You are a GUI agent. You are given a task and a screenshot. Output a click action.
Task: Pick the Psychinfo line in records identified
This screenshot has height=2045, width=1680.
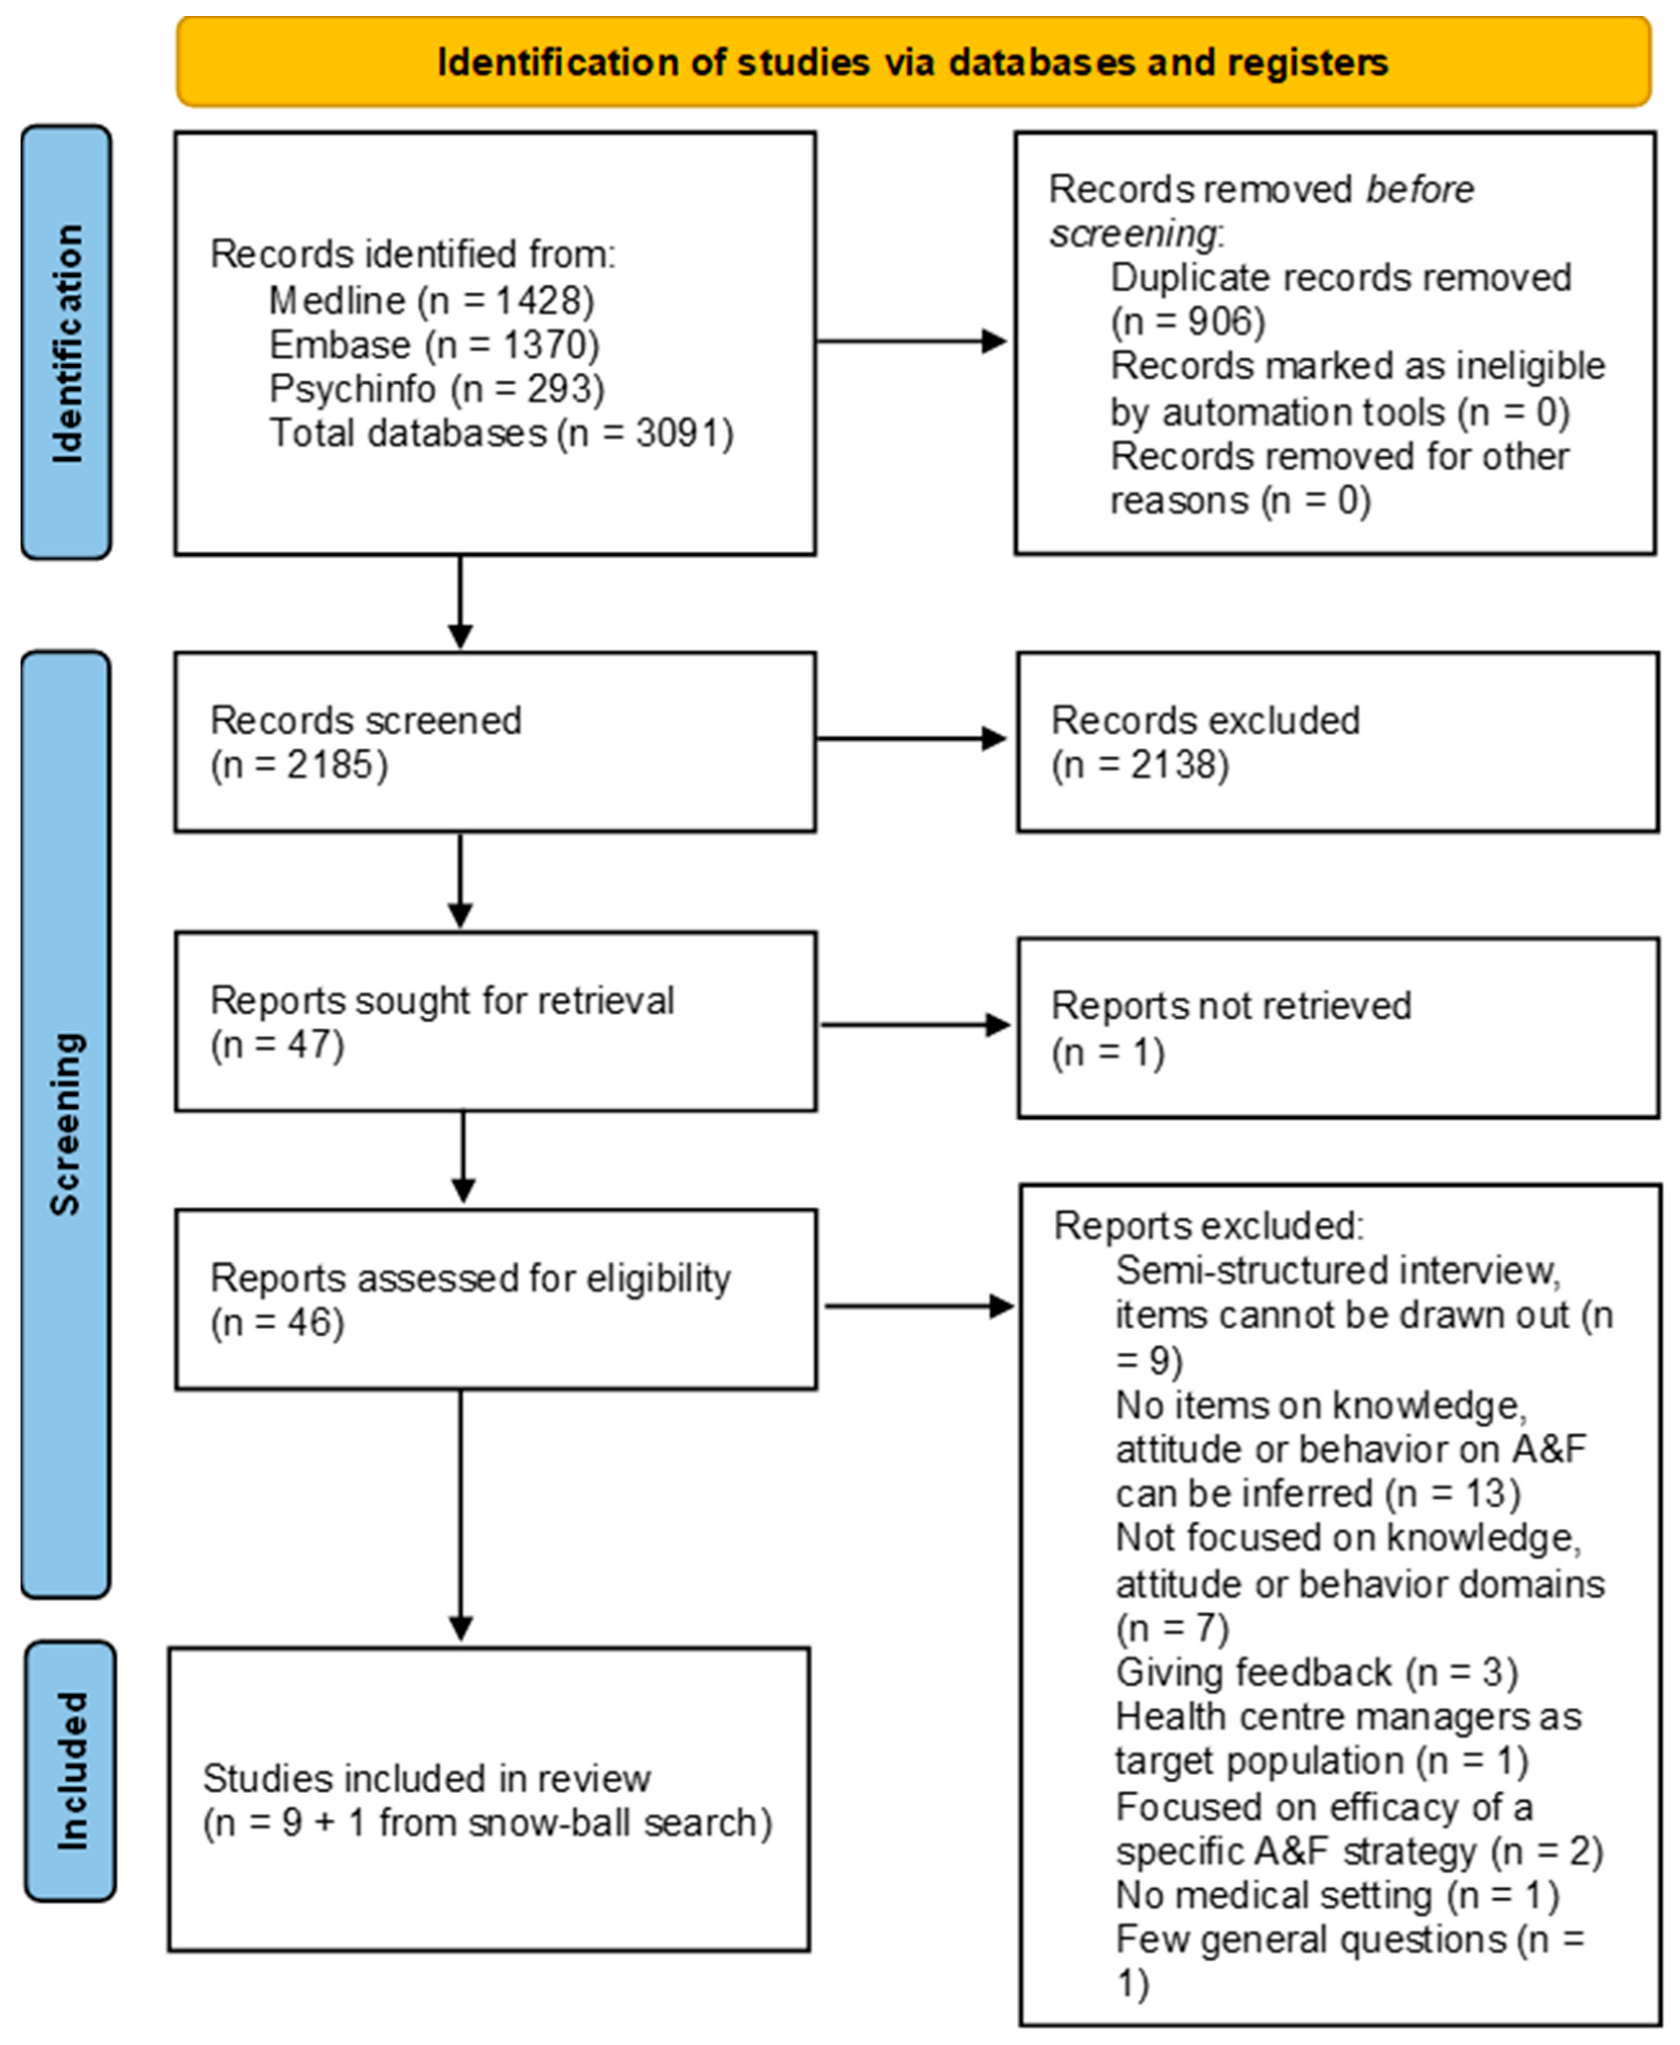pos(436,388)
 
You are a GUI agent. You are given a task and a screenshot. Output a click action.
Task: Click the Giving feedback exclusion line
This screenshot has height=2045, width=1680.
pos(1316,1673)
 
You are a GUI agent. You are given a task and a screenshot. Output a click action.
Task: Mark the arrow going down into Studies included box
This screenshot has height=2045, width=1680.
pos(461,1520)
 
